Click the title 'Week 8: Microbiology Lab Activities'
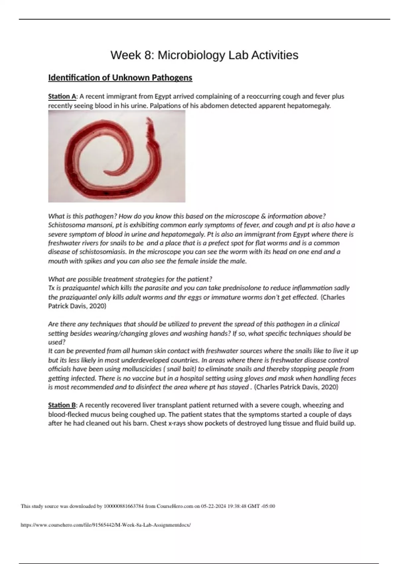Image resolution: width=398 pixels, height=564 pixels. click(204, 55)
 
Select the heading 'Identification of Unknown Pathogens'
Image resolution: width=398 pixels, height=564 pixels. click(120, 78)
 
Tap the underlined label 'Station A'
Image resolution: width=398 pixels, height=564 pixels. click(62, 97)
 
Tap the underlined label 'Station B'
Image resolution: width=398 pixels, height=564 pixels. click(62, 405)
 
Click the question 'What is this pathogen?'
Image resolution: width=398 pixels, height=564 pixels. click(82, 216)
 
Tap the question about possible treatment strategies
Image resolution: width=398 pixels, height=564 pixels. click(130, 279)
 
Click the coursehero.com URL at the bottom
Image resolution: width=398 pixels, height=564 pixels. click(106, 525)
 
